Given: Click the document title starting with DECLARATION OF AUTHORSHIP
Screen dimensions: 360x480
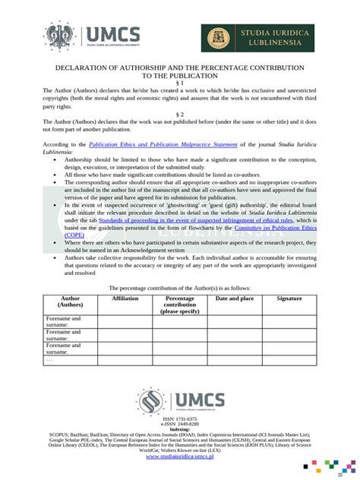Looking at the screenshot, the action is tap(180, 71).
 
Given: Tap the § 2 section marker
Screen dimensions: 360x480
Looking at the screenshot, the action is tap(180, 113).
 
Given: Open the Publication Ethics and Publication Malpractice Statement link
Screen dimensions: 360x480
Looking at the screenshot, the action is tap(163, 144).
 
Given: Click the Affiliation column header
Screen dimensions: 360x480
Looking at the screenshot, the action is tap(125, 299).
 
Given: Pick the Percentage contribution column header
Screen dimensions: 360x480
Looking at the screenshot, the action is tap(180, 305).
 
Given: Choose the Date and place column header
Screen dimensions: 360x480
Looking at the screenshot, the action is tap(235, 299).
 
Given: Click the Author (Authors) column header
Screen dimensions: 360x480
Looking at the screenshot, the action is tap(70, 304).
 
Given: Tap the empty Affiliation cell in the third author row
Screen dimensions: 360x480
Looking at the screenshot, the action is tap(125, 348).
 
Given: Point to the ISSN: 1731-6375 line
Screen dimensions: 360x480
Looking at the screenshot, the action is tap(180, 418).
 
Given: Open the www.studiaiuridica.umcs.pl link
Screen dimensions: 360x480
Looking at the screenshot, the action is tap(180, 456).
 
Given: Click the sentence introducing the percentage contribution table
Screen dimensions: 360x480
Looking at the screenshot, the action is tap(180, 288).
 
